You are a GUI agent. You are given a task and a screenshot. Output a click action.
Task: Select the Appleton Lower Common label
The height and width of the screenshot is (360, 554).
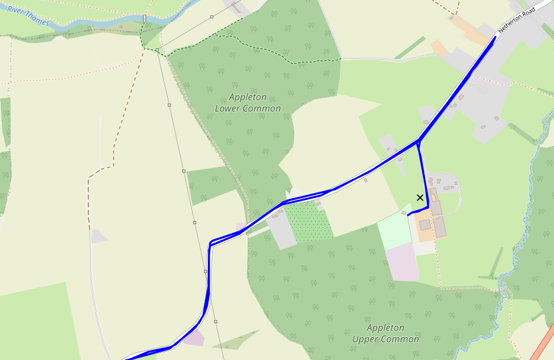(x=248, y=103)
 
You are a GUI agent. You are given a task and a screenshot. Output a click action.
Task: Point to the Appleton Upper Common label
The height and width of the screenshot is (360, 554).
(x=386, y=333)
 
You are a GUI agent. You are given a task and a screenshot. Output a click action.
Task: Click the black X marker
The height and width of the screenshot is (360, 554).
(x=420, y=197)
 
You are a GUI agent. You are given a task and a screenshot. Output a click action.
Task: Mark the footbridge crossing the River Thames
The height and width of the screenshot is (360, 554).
(x=145, y=18)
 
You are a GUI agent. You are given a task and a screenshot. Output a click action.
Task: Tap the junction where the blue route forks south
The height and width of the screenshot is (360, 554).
(x=419, y=141)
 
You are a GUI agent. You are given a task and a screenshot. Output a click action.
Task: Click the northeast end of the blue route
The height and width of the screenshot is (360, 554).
(x=495, y=37)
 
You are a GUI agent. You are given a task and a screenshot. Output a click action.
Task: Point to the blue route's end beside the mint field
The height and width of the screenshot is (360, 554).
(x=408, y=215)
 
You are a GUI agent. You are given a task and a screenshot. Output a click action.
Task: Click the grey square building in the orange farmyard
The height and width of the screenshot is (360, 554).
(x=424, y=225)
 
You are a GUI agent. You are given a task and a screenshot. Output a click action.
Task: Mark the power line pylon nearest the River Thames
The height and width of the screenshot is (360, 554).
(x=157, y=50)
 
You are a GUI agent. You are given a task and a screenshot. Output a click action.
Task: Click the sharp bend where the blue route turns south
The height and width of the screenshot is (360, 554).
(x=210, y=243)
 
